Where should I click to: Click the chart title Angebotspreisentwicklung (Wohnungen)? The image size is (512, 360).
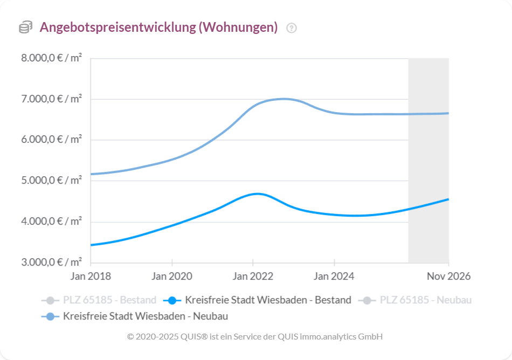click(158, 27)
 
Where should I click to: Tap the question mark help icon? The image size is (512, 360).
click(292, 28)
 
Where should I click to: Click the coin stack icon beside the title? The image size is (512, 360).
click(25, 27)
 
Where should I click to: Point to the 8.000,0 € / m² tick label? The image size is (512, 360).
click(52, 58)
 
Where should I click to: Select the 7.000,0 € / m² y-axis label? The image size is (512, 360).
click(52, 99)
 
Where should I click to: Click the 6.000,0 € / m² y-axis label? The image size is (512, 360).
click(52, 140)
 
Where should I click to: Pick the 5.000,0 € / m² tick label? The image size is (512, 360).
click(52, 181)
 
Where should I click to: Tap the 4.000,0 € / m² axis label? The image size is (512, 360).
click(52, 222)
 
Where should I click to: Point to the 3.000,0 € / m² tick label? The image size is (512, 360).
click(52, 262)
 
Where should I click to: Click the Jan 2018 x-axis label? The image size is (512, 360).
click(91, 276)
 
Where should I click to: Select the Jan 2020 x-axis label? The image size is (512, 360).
click(172, 276)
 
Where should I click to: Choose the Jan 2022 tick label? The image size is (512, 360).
click(253, 276)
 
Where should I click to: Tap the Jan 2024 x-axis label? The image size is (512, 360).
click(334, 276)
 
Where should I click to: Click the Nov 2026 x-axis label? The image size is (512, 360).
click(448, 276)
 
